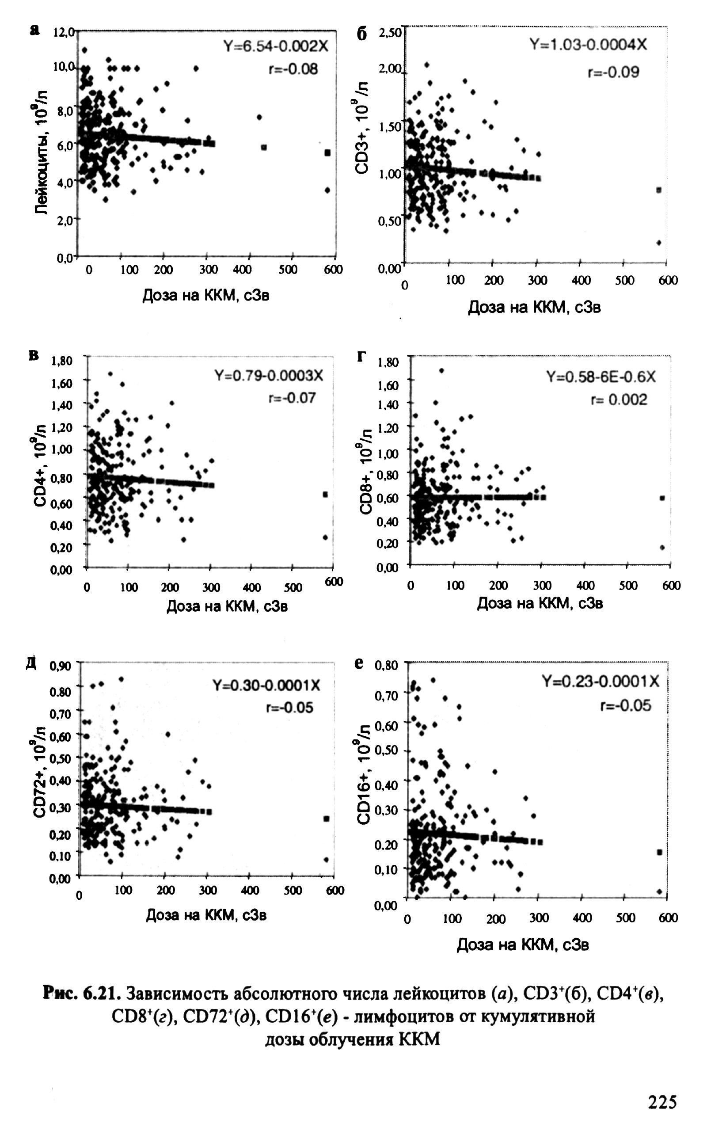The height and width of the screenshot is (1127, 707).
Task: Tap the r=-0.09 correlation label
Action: pyautogui.click(x=613, y=72)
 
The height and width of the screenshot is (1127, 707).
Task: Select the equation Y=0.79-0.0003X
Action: pyautogui.click(x=268, y=376)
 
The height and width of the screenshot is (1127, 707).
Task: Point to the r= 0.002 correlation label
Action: pyautogui.click(x=619, y=400)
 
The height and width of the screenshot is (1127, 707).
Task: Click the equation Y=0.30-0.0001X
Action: pyautogui.click(x=266, y=685)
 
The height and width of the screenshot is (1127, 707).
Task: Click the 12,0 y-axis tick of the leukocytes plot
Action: pyautogui.click(x=64, y=32)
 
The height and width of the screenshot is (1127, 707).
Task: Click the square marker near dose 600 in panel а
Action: pyautogui.click(x=328, y=153)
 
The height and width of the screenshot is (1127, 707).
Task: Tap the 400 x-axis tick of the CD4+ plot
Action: pyautogui.click(x=251, y=587)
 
